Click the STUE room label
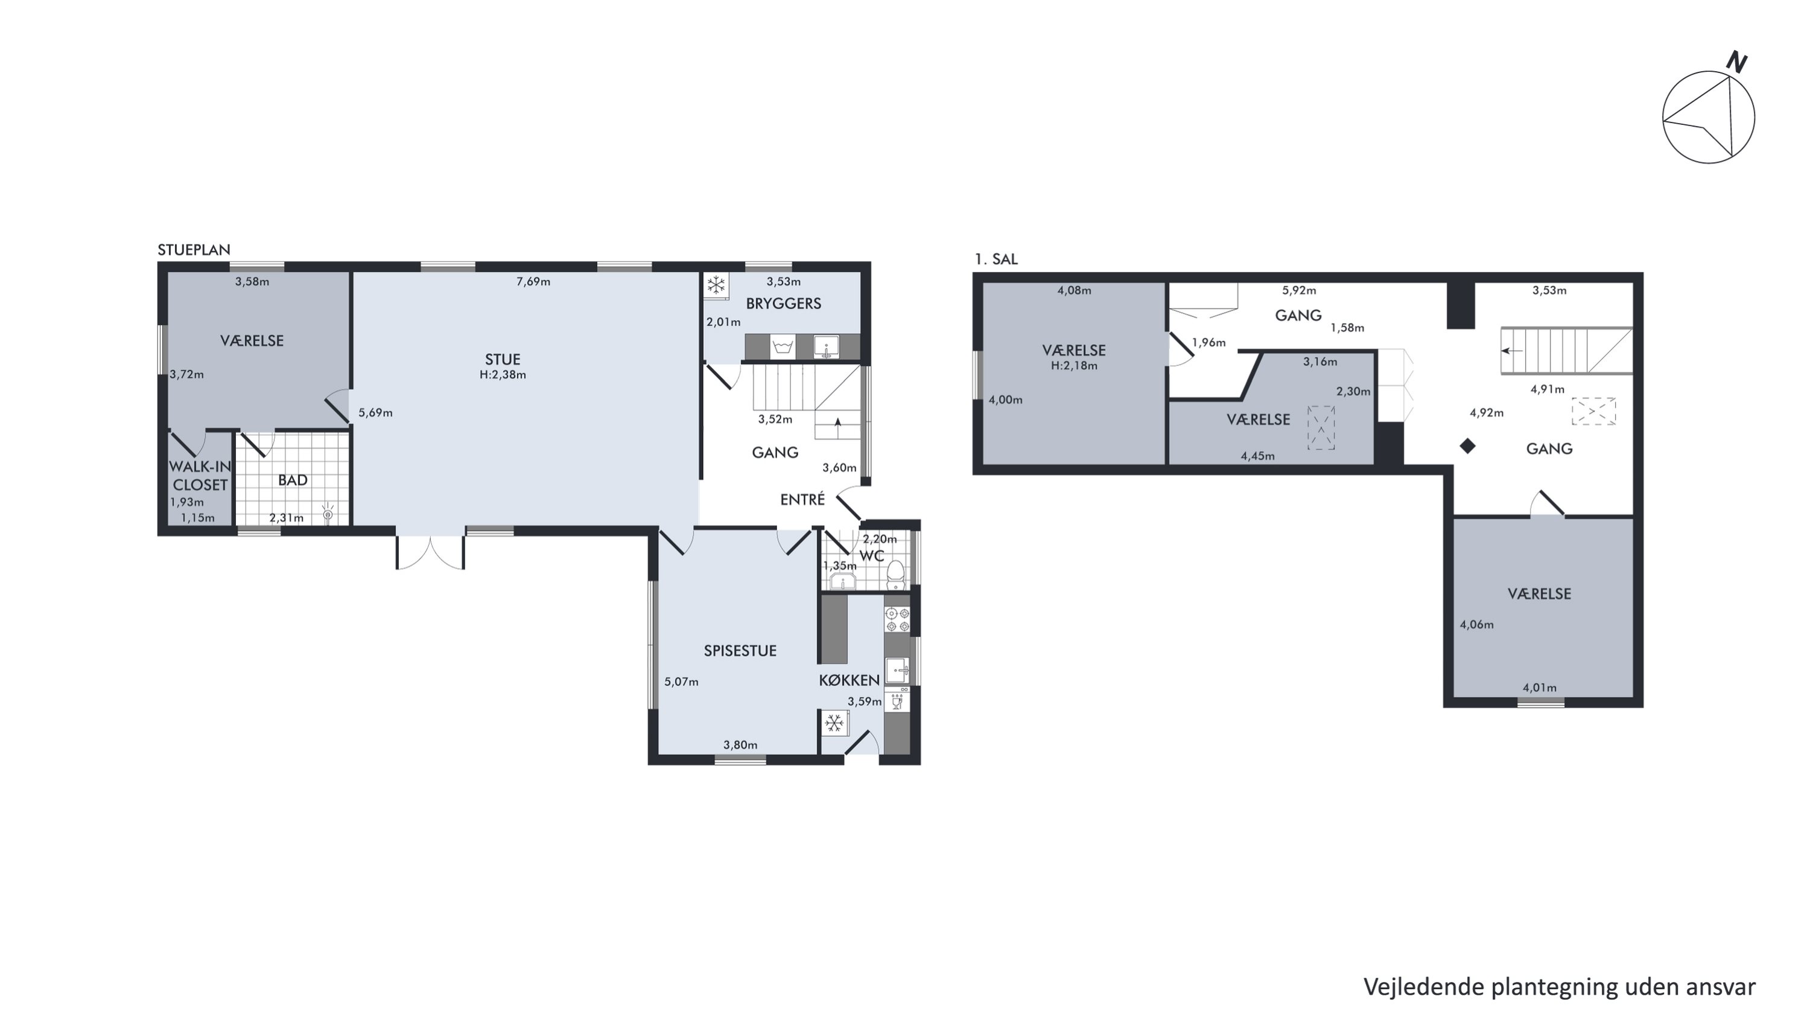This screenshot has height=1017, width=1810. pos(503,360)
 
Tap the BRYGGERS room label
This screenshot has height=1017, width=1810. pos(784,304)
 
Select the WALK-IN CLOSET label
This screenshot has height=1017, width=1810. pos(200,476)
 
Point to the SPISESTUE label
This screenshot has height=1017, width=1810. pos(740,651)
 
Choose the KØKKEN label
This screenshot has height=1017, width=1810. pos(849,680)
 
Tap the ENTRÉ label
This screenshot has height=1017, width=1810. pos(802,499)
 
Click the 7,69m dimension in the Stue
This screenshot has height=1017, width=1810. pos(533,282)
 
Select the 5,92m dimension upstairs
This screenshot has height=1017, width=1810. pos(1299,290)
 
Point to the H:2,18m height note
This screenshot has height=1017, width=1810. pos(1074,366)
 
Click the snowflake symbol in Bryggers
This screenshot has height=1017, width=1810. pos(716,285)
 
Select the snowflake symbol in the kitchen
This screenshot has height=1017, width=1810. pos(834,722)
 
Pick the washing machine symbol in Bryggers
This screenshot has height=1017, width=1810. pos(782,347)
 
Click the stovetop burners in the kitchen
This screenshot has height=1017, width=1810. pos(897,620)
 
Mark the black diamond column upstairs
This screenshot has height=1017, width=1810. pos(1467,445)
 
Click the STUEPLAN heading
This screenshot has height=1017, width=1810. pos(194,249)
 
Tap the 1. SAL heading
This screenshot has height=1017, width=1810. pos(996,259)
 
